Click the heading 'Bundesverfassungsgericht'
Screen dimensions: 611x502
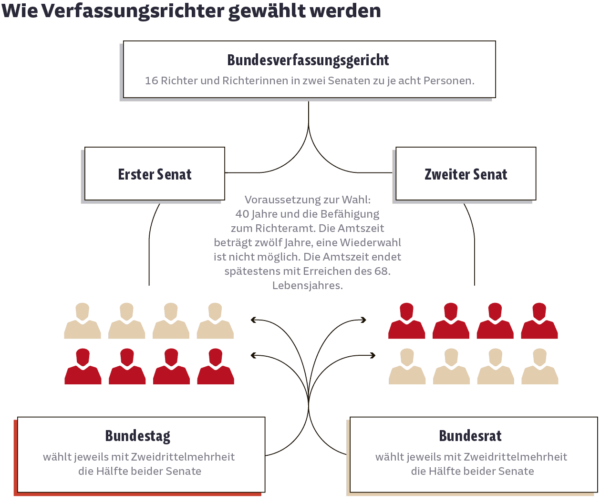point(308,60)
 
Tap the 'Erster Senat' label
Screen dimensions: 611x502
point(155,174)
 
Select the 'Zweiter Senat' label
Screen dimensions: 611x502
point(466,174)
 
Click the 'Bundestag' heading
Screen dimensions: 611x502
point(138,436)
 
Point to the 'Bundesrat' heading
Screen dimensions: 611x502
point(470,436)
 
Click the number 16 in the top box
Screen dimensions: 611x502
point(151,80)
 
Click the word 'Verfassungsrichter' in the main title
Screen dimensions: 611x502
point(133,11)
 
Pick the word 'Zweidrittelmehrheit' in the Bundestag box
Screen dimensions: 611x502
point(183,457)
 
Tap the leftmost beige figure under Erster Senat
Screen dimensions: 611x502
point(83,321)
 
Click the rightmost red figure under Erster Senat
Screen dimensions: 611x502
point(216,366)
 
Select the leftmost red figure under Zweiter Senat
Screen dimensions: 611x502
point(407,321)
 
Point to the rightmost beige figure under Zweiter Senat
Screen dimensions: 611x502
point(540,366)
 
